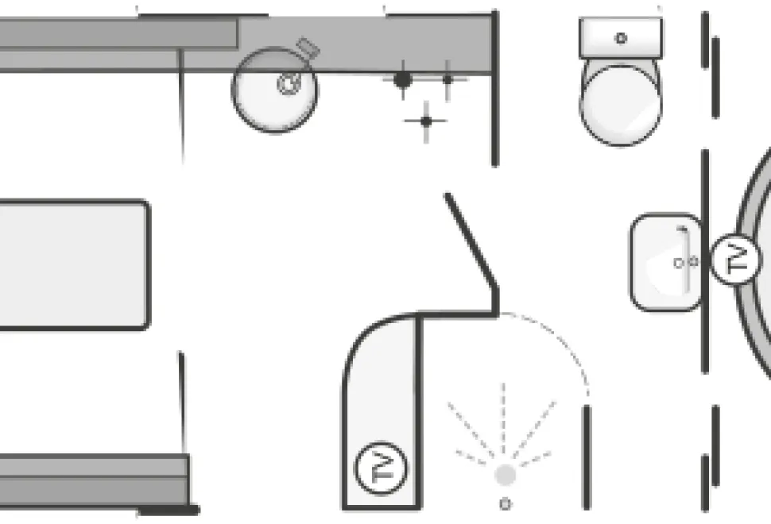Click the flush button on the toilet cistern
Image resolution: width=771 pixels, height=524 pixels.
[621, 38]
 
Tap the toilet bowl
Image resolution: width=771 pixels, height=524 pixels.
[621, 103]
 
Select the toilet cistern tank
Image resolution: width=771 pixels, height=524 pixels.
[621, 38]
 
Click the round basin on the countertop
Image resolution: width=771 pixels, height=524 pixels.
[275, 90]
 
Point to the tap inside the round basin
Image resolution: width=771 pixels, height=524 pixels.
[289, 83]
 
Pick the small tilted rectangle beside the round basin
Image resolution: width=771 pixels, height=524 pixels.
[308, 47]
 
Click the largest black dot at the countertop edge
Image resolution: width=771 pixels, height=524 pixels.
[403, 79]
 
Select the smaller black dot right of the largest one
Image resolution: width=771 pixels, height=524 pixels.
[447, 79]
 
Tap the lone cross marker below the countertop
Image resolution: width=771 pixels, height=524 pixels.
[426, 121]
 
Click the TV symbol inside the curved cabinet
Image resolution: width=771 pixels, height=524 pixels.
[381, 468]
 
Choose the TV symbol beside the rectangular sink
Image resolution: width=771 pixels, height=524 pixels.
[735, 260]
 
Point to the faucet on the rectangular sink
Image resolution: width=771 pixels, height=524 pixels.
[685, 260]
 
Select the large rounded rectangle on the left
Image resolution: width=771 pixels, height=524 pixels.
[74, 264]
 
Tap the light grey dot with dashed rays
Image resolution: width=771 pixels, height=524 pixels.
[505, 475]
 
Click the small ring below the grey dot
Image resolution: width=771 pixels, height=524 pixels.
[505, 503]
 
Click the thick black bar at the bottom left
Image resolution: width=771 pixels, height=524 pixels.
[169, 511]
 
